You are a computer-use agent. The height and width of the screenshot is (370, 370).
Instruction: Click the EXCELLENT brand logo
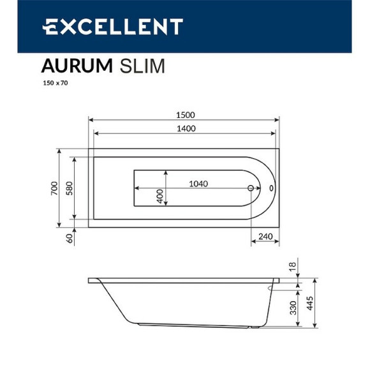(x=112, y=26)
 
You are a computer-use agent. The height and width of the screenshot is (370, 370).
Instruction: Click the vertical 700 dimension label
(x=55, y=189)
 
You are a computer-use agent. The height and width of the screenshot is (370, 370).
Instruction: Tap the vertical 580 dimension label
(x=70, y=189)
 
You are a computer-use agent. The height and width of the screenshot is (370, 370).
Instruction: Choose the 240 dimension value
(x=265, y=237)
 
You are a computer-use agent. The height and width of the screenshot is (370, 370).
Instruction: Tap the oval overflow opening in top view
(x=272, y=189)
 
